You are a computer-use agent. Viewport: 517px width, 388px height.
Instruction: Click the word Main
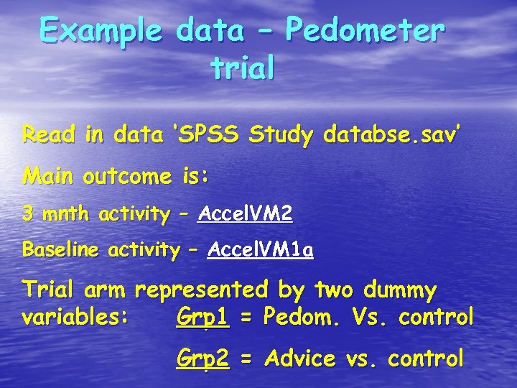click(x=50, y=175)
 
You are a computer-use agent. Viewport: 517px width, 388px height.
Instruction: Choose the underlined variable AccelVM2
click(x=245, y=213)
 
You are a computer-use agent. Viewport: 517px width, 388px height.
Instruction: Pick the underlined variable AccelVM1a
click(x=260, y=250)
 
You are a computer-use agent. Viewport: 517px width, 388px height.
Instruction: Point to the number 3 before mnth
click(x=27, y=213)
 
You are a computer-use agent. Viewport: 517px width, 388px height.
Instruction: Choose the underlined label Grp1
click(x=202, y=316)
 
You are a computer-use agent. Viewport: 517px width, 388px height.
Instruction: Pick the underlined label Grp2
click(x=202, y=358)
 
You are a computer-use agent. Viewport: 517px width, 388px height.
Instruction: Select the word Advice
click(x=300, y=358)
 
